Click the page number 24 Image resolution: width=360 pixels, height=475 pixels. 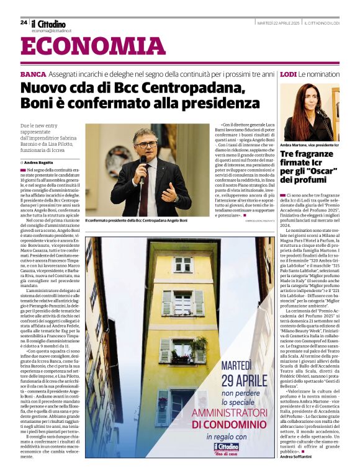[x=24, y=22]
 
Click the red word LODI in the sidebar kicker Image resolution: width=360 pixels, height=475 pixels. [x=288, y=74]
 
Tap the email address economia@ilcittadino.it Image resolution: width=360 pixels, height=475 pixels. [x=52, y=30]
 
